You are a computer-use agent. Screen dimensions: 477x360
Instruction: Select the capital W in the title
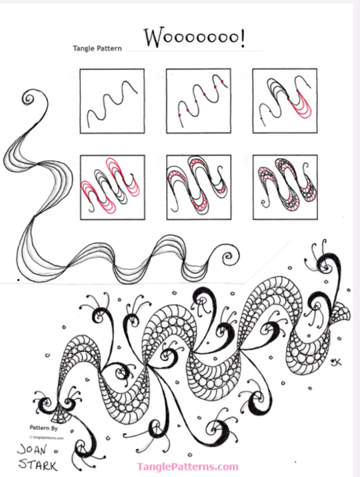pyautogui.click(x=153, y=38)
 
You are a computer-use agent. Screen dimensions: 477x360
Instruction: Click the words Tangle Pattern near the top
pyautogui.click(x=98, y=49)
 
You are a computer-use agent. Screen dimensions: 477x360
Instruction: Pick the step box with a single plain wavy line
pyautogui.click(x=112, y=101)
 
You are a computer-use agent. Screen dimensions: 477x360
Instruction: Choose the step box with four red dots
pyautogui.click(x=199, y=101)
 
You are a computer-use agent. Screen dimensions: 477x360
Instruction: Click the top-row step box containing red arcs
pyautogui.click(x=284, y=101)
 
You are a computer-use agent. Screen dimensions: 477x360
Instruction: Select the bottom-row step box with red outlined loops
pyautogui.click(x=112, y=187)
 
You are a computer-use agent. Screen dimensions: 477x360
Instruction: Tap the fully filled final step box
pyautogui.click(x=284, y=187)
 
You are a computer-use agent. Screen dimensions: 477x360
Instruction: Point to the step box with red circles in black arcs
pyautogui.click(x=199, y=187)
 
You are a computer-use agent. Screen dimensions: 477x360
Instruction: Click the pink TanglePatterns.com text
pyautogui.click(x=187, y=467)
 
